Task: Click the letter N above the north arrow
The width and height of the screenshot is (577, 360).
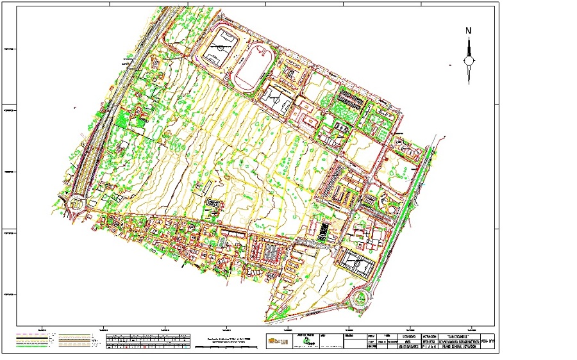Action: pos(469,30)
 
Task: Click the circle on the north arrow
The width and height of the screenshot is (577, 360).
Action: pos(469,61)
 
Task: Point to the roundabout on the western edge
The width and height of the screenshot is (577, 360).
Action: pos(77,204)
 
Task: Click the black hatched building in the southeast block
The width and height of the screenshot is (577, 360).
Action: pos(324,229)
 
